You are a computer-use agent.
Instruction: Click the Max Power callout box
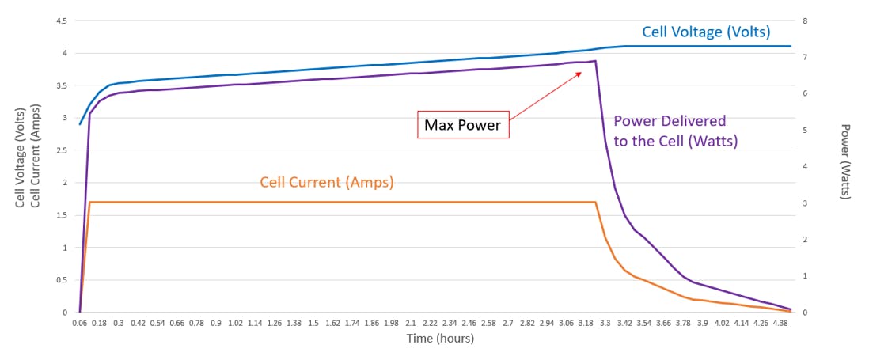(463, 125)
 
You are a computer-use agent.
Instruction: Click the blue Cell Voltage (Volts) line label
(705, 32)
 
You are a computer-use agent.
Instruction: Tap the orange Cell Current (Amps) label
(327, 182)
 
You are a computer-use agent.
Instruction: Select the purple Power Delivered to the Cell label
(675, 131)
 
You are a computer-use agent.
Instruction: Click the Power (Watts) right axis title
(845, 162)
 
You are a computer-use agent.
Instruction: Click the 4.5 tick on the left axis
(61, 21)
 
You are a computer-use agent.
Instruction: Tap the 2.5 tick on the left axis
(61, 150)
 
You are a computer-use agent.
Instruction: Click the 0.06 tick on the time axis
(80, 324)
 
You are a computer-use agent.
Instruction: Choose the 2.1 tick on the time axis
(411, 324)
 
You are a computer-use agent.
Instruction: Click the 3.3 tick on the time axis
(605, 324)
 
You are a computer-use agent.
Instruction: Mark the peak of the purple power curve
(594, 61)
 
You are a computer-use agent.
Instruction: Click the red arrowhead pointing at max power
(579, 73)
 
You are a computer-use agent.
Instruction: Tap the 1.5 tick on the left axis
(61, 215)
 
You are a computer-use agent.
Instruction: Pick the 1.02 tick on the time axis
(235, 324)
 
